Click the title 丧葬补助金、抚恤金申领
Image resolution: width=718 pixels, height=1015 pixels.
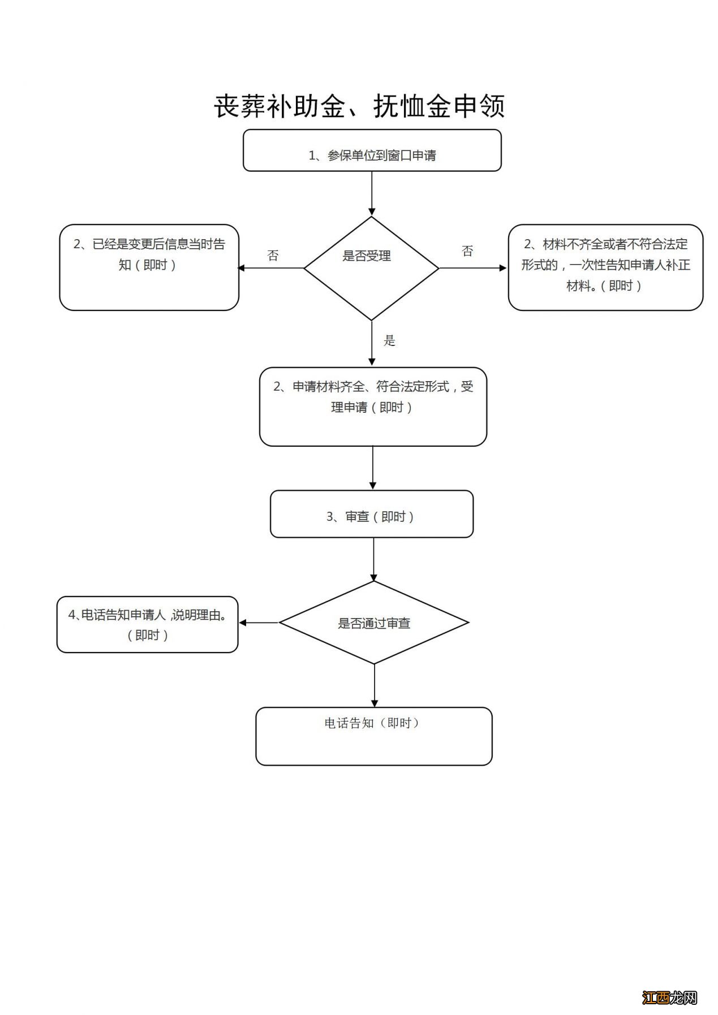[359, 106]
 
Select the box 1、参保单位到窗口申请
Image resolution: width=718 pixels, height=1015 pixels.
[372, 150]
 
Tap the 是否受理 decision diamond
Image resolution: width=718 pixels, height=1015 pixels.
[371, 268]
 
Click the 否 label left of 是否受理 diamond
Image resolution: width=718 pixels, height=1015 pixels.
[273, 256]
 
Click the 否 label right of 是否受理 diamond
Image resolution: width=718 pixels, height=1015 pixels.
[467, 251]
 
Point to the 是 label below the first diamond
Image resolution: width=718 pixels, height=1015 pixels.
[389, 340]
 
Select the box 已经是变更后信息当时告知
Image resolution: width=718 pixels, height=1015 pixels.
[149, 267]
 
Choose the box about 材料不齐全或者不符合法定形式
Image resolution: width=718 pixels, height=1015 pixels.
[605, 267]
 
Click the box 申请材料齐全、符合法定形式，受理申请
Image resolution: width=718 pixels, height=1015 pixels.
[372, 407]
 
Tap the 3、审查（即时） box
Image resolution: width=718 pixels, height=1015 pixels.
[371, 514]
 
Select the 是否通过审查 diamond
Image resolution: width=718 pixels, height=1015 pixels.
[373, 623]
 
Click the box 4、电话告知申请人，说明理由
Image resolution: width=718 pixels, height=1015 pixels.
[147, 624]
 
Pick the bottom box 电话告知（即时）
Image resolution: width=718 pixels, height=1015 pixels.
[373, 736]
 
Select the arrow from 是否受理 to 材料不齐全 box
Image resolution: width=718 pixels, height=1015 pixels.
[473, 268]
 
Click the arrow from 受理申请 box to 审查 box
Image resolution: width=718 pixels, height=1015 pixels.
[372, 468]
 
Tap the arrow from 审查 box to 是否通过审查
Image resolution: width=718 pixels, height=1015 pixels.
[373, 559]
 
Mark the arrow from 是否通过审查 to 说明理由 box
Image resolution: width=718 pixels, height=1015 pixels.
[259, 623]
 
